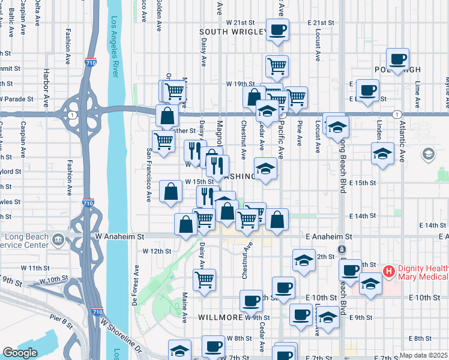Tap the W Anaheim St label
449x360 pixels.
click(120, 237)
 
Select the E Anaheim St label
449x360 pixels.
click(327, 237)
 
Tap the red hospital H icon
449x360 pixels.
click(388, 272)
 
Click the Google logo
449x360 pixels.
click(20, 353)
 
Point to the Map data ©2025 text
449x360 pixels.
click(423, 355)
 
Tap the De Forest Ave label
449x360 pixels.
click(136, 292)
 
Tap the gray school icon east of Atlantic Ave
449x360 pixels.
click(428, 155)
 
